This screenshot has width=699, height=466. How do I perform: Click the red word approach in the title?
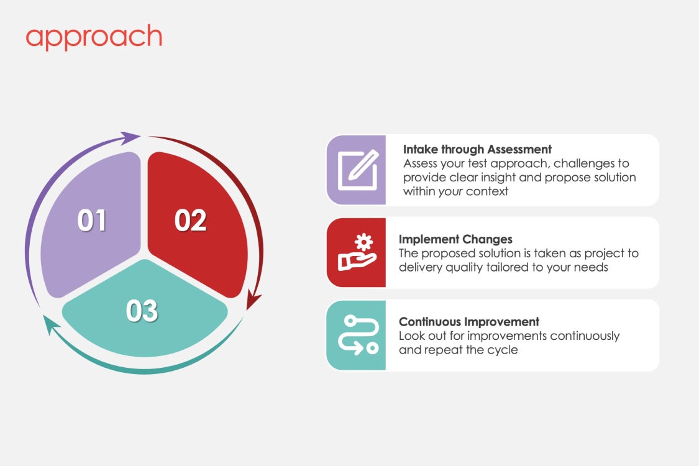coord(94,37)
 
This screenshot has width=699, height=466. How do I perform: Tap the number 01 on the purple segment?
coord(92,221)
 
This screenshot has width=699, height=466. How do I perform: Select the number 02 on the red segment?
coord(190,221)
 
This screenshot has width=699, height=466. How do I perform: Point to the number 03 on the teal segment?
coord(142,311)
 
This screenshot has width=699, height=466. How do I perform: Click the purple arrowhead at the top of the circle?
coord(130,138)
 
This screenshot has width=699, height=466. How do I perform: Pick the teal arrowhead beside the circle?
coord(50,324)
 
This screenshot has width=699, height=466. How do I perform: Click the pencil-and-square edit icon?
coord(358,170)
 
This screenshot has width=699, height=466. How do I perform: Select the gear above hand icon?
coord(357,252)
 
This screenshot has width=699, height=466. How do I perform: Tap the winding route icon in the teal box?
coord(358,335)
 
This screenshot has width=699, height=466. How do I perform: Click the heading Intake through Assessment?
coord(477,149)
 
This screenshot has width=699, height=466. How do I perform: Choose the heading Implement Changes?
coord(455,239)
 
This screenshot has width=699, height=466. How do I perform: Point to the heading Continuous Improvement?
coord(469,321)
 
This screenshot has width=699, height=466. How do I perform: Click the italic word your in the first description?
coord(450,192)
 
